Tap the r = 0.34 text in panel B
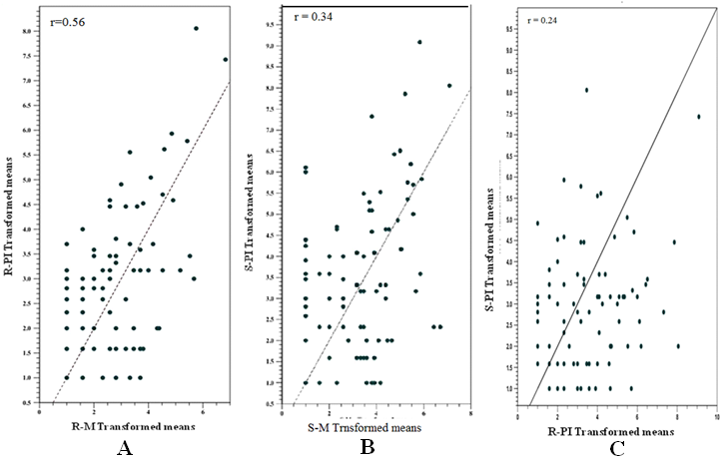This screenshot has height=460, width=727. (x=308, y=17)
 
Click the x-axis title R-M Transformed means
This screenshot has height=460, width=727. (x=133, y=424)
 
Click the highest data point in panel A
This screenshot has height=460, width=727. (x=196, y=28)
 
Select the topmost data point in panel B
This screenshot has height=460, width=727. (x=420, y=42)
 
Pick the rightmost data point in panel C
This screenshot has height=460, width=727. (x=699, y=117)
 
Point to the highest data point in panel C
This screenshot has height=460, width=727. (x=587, y=89)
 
